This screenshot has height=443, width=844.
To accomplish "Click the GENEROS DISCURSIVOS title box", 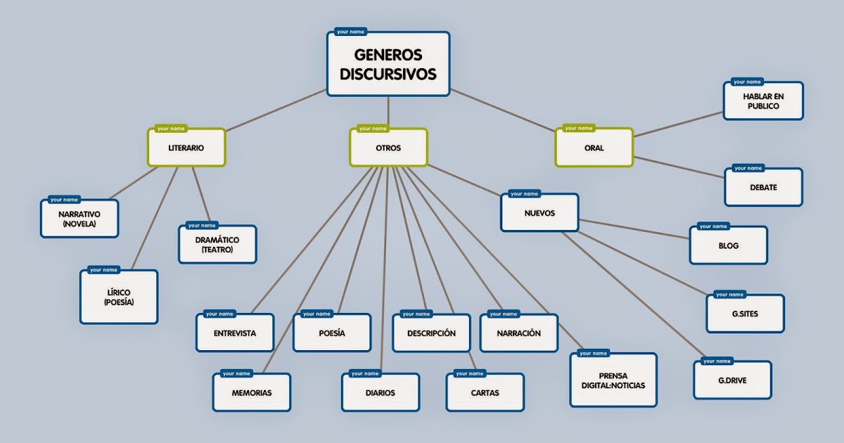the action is [388, 65].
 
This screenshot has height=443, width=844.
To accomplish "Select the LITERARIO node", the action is [186, 148].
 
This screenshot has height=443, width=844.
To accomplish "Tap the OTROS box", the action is [388, 148].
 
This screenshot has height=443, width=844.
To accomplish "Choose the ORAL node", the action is [594, 148].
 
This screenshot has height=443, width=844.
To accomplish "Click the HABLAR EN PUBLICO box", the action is [763, 101].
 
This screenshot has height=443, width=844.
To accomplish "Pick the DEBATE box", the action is [763, 188].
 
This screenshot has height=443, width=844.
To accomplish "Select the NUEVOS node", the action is [539, 213].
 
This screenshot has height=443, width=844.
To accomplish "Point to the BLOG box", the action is [729, 246].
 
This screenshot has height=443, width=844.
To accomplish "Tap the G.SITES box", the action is [745, 314].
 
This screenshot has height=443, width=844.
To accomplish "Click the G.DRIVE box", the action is [732, 381].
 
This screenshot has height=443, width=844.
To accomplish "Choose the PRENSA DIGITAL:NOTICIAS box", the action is [613, 380].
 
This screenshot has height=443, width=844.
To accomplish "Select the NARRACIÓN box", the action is [519, 333].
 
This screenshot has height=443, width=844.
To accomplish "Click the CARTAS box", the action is [485, 393].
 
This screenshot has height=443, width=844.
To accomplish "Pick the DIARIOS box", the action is [381, 393].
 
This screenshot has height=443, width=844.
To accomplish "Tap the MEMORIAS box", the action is [252, 393].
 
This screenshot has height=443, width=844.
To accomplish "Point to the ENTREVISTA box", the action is [235, 333].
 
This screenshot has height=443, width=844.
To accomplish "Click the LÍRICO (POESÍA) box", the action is [119, 297].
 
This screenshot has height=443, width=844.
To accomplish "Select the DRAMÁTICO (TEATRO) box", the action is [217, 245].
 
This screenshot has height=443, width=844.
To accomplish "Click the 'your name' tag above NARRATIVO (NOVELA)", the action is [65, 200].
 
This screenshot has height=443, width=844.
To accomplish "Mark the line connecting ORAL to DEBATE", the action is [679, 167].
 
